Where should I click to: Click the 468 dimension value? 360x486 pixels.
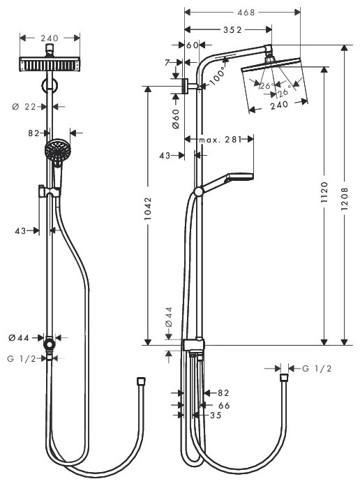click(x=246, y=12)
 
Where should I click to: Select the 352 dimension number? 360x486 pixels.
click(x=232, y=29)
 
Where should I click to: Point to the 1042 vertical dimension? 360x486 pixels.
click(x=148, y=209)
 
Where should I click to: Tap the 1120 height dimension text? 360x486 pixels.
click(x=324, y=193)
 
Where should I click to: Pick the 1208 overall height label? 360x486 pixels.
click(x=345, y=199)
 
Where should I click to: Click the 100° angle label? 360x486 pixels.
click(x=218, y=76)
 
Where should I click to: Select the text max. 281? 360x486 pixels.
click(x=220, y=140)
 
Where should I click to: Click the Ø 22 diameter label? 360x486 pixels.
click(x=24, y=107)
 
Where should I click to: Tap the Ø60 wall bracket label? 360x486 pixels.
click(x=176, y=119)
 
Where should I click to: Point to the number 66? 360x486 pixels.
click(x=224, y=405)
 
